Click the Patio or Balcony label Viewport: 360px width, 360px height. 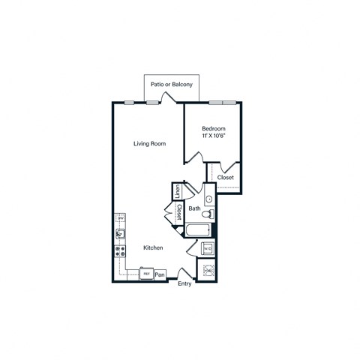point(172,85)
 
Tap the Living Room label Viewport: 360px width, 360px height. point(149,143)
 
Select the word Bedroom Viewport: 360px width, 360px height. point(214,129)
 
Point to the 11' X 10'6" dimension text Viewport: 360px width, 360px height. point(214,137)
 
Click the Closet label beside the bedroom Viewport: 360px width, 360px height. point(226,178)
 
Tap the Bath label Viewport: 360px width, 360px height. point(194,208)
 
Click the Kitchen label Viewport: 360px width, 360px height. point(154,247)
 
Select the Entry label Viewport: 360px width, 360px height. point(184,283)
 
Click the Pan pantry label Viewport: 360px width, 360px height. point(160,275)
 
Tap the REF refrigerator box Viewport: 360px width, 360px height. point(146,274)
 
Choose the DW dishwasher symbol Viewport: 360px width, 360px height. point(119,219)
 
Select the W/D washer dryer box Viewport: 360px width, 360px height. point(208,248)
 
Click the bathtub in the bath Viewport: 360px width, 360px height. point(199,230)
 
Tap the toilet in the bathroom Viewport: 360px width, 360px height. point(211,214)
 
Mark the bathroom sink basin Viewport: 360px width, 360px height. point(209,199)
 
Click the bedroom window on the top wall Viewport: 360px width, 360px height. point(223,102)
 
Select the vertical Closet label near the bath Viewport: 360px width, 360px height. point(179,212)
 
